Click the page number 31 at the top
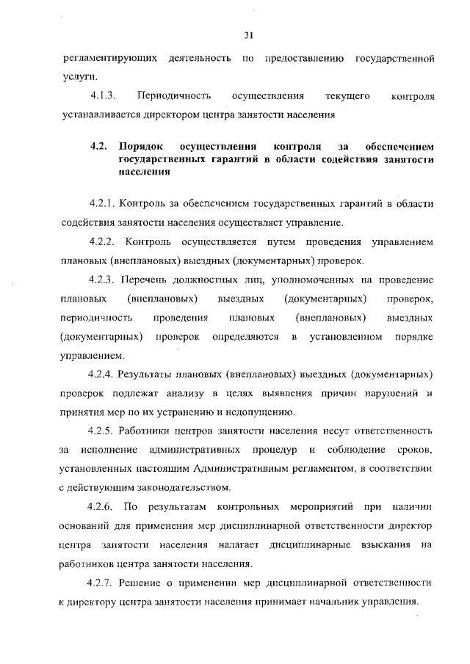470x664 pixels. pos(248,34)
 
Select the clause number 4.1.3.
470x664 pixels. pos(104,96)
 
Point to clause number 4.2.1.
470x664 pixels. pos(101,203)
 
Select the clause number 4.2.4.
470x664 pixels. pos(101,373)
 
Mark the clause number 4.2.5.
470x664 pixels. pos(101,430)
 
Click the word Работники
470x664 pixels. pos(151,430)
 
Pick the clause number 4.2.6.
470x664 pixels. pos(101,507)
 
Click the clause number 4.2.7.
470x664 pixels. pos(101,583)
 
